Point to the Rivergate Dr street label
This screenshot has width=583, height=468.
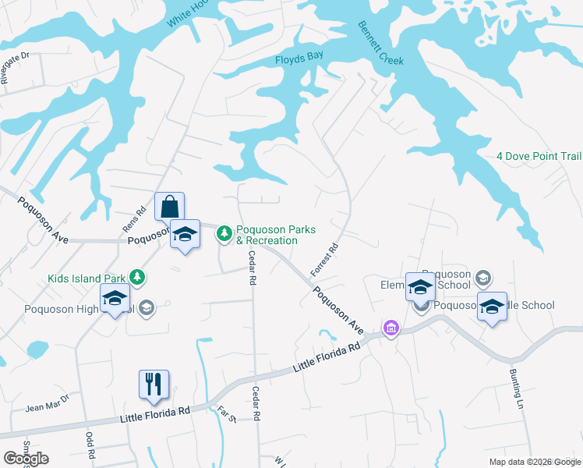click(14, 68)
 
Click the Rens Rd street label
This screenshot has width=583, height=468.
click(140, 220)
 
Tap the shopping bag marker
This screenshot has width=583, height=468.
click(170, 208)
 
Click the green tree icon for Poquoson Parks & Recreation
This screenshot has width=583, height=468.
click(224, 232)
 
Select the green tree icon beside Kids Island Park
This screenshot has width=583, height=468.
click(137, 277)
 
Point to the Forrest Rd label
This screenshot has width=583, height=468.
click(324, 261)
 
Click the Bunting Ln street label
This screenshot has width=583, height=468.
click(518, 390)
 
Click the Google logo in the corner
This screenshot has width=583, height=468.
click(26, 458)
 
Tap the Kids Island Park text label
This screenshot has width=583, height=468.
click(87, 278)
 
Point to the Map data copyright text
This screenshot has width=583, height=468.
click(535, 462)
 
